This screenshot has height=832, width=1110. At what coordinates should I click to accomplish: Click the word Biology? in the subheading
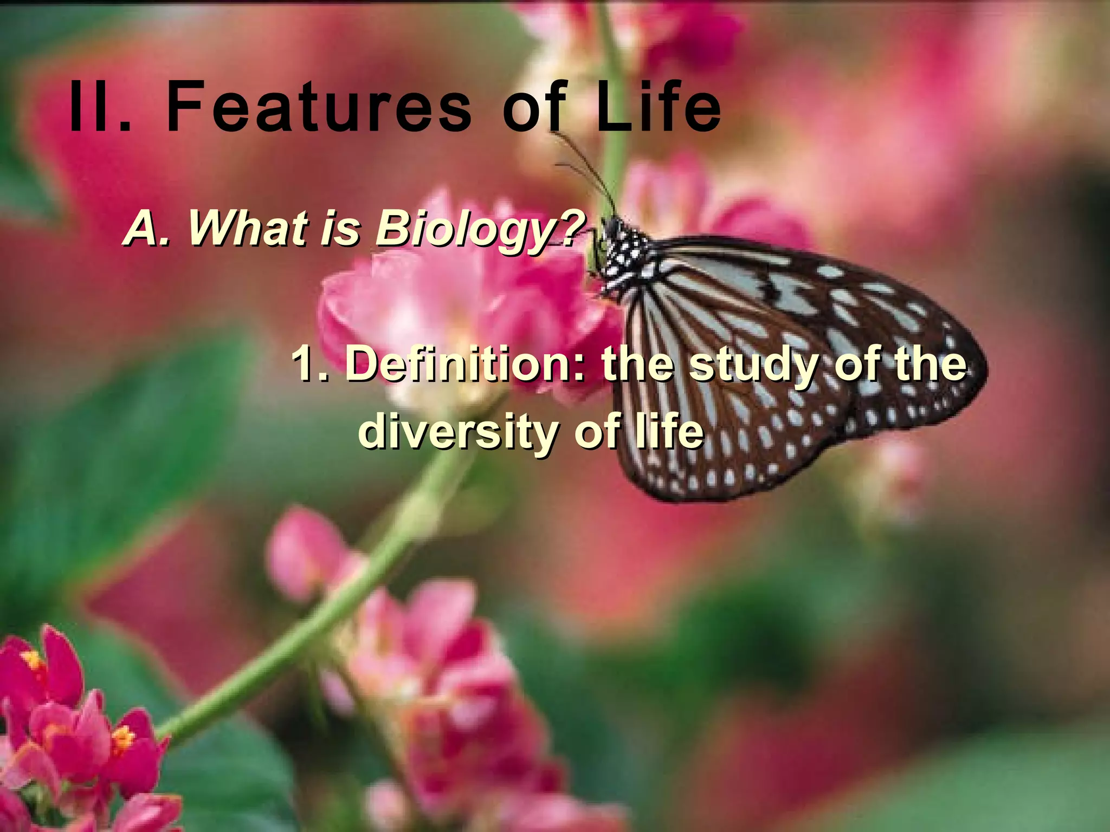[x=477, y=229]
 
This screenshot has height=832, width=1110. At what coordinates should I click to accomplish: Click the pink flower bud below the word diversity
[x=309, y=552]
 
